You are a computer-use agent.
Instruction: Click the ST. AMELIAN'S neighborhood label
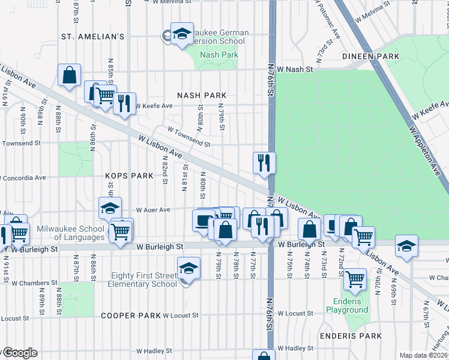point(92,37)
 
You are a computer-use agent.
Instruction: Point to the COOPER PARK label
point(130,316)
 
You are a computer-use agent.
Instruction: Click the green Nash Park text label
point(218,55)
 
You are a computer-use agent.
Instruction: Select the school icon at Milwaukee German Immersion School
point(181,34)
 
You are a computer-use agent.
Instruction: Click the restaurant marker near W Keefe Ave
point(124,103)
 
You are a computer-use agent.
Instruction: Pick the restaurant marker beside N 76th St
point(264,163)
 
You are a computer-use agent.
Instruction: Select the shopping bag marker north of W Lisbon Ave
point(70,76)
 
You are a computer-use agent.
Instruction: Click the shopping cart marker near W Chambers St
point(355,278)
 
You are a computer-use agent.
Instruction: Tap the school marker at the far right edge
point(406,245)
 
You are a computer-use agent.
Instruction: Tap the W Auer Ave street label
point(154,211)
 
